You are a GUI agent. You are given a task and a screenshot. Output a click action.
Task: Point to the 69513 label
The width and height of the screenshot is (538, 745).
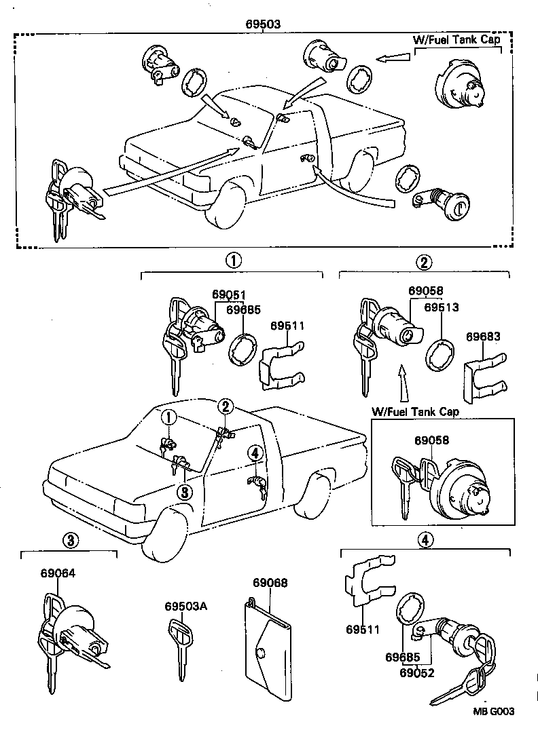[x=442, y=307]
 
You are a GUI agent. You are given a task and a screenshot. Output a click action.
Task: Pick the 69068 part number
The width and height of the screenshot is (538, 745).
[x=270, y=583]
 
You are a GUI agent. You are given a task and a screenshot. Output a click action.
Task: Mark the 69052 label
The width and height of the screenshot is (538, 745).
[x=416, y=673]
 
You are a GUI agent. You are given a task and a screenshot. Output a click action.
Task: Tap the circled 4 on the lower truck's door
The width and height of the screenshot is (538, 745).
[x=254, y=453]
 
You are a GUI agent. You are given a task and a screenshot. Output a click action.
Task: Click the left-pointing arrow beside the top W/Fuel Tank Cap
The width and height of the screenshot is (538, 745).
[x=392, y=60]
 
